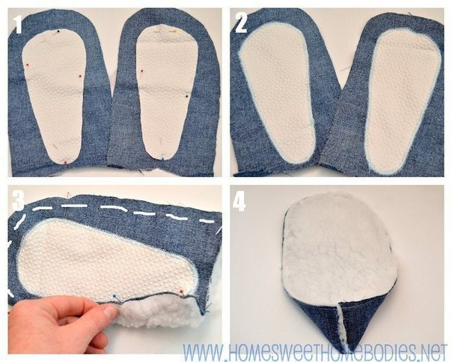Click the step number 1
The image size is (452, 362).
coord(19,24)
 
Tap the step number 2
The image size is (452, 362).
coord(241,22)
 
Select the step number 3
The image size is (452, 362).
coord(18,200)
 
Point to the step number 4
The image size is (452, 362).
coord(239,201)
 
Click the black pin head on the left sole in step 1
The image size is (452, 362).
coord(59,31)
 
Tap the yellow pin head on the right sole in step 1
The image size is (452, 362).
coord(175,30)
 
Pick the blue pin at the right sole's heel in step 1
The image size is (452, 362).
coord(163,158)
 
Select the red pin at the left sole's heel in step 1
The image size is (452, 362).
coord(65,163)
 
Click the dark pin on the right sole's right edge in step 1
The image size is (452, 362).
coord(187,95)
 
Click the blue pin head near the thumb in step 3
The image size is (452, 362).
coord(114,296)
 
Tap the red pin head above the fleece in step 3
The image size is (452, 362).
coord(181,291)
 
